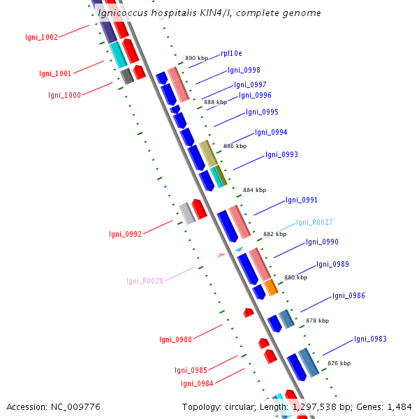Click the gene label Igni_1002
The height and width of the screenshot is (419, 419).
pos(41,38)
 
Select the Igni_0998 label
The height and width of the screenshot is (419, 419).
pos(244,70)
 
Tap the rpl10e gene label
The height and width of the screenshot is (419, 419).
pos(231,53)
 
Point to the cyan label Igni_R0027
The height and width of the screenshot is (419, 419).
pos(314,222)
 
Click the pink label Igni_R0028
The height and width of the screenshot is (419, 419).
pos(145,281)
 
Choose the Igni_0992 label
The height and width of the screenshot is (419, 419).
pos(125,234)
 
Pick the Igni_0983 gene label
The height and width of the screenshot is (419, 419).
pos(370,339)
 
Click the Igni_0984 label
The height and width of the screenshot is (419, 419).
pos(197,383)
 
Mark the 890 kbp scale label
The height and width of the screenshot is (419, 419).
pos(196,59)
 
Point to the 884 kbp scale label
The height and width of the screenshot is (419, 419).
pos(254,190)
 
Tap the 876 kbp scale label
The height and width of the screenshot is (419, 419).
pos(339,363)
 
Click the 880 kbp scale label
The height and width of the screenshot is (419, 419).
pos(295,277)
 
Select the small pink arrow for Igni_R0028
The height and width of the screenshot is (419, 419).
pos(221,256)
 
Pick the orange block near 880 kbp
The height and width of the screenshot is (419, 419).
pos(271,287)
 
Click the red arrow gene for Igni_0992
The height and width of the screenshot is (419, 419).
pos(199,208)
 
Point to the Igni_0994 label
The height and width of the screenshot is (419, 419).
pos(271,132)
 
